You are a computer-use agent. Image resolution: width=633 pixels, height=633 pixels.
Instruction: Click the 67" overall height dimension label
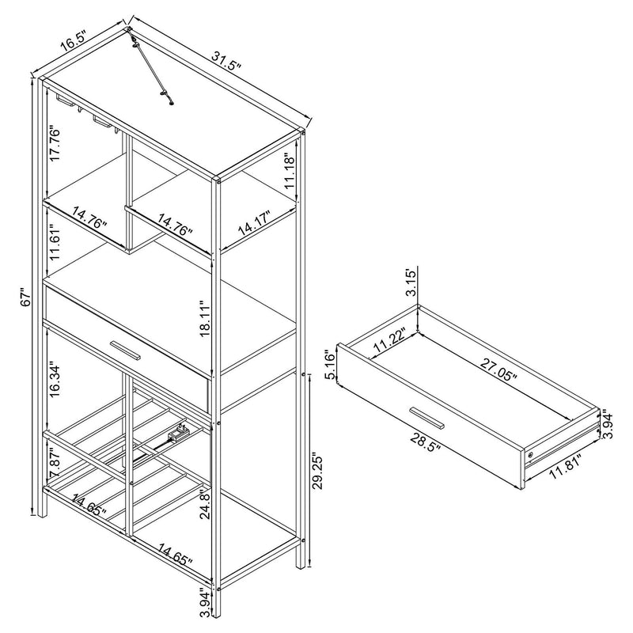tap(25, 298)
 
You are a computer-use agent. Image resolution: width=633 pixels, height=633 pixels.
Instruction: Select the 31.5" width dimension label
tap(226, 62)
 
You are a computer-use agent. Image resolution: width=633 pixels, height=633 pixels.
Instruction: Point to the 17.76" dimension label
tap(54, 144)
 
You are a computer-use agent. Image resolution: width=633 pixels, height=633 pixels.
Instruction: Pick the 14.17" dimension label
tap(254, 224)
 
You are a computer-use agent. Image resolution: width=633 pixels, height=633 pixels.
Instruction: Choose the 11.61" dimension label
tap(54, 241)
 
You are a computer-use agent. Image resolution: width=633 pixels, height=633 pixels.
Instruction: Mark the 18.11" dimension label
tap(205, 318)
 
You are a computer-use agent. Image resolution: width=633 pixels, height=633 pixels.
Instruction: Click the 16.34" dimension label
tap(54, 381)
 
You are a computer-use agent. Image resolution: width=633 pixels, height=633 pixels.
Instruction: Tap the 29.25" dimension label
tap(319, 472)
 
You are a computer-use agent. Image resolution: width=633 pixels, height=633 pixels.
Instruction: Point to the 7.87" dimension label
tap(54, 463)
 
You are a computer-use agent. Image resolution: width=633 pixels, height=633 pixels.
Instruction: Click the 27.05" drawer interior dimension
tap(498, 370)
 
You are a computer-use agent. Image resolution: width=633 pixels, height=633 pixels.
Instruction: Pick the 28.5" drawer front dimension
tap(425, 443)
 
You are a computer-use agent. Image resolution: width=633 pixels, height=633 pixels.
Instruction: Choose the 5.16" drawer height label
tap(331, 366)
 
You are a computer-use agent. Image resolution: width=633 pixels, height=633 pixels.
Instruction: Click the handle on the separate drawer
tap(426, 418)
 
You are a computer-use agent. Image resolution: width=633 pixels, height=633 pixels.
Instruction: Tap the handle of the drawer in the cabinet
tap(125, 350)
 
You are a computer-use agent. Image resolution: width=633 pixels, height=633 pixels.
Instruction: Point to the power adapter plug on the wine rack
tap(179, 433)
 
